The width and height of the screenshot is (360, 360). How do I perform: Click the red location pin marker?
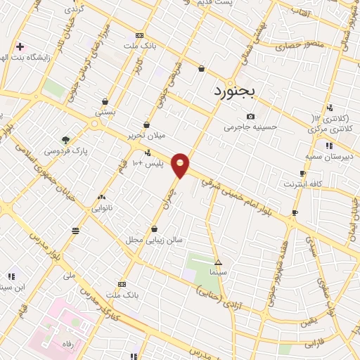[x=181, y=165]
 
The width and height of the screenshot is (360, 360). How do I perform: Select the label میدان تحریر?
[x=146, y=134]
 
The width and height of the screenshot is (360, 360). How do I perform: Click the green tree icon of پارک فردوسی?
[x=65, y=139]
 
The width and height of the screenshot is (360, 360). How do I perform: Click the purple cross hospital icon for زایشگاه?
[x=20, y=46]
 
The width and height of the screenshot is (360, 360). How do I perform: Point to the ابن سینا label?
[x=14, y=287]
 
